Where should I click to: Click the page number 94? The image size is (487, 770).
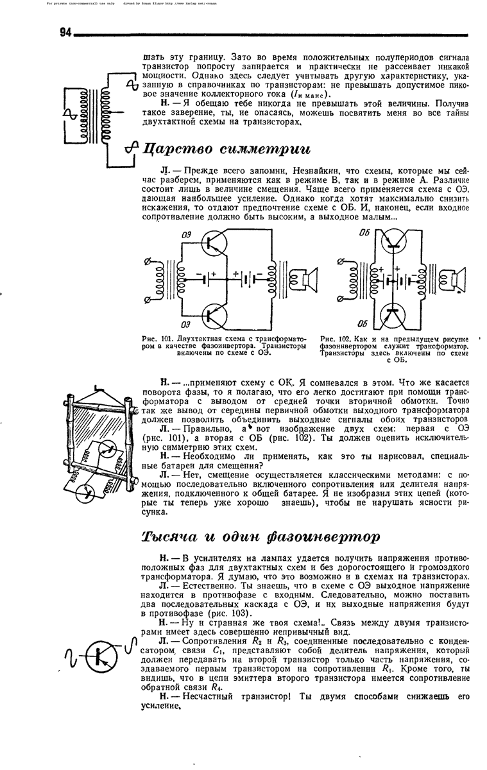pyautogui.click(x=65, y=32)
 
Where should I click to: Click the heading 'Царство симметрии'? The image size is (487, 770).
pyautogui.click(x=226, y=149)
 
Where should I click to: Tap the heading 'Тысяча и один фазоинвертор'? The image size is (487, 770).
pyautogui.click(x=261, y=537)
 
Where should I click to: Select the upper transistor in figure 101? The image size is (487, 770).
pyautogui.click(x=214, y=243)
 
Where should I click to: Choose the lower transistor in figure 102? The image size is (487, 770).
pyautogui.click(x=393, y=315)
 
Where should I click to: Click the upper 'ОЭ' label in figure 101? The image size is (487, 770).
pyautogui.click(x=186, y=235)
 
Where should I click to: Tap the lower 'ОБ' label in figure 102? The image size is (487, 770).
pyautogui.click(x=363, y=324)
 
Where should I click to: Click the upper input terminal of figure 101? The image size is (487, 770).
pyautogui.click(x=147, y=262)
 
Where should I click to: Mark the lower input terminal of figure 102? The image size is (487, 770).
pyautogui.click(x=340, y=299)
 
